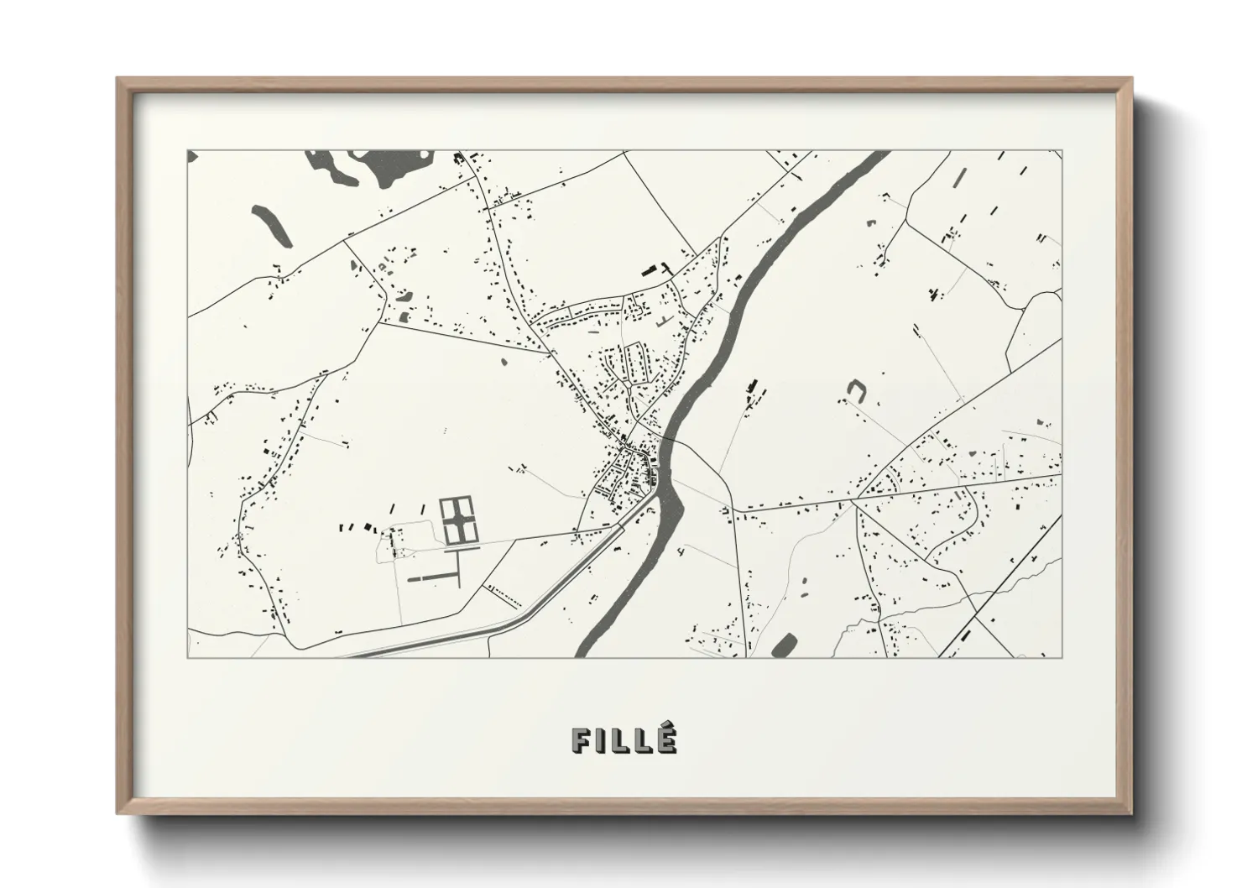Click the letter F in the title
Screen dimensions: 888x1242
[581, 739]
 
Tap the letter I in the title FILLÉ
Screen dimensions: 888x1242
[602, 739]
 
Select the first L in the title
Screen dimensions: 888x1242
[620, 739]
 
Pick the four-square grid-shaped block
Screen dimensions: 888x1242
[457, 520]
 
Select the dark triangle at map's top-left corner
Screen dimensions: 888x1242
[190, 155]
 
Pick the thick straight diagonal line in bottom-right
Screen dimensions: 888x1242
[999, 588]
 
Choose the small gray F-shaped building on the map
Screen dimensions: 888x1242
[664, 321]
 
